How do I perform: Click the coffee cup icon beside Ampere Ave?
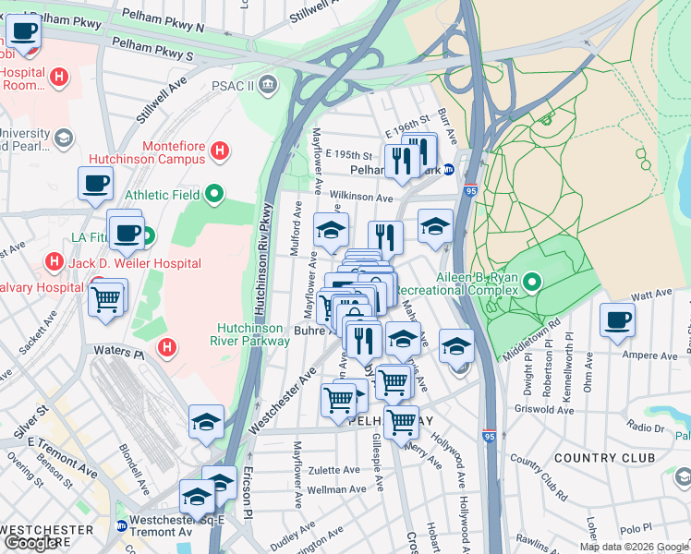[x=616, y=321]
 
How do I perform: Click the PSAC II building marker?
[x=268, y=86]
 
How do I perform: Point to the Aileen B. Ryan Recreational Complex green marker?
[x=532, y=281]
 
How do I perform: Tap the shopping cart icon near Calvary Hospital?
[x=107, y=297]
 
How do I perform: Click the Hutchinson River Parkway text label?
[x=254, y=334]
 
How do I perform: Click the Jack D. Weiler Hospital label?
[x=136, y=263]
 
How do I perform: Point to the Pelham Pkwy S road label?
[x=152, y=49]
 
